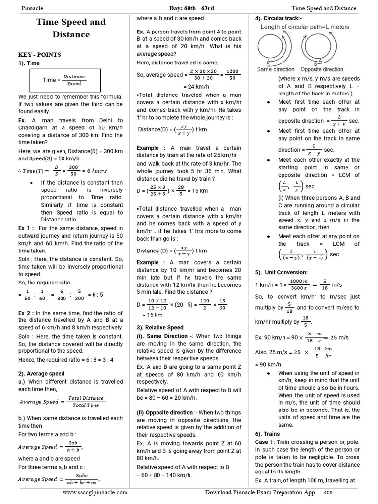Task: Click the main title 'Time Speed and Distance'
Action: point(70,28)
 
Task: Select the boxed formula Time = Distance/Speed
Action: point(65,80)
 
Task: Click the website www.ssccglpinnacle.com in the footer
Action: point(95,492)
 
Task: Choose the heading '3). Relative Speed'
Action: point(160,327)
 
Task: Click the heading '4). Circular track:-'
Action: point(279,19)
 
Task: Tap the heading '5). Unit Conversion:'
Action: point(281,272)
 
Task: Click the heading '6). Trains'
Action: point(267,434)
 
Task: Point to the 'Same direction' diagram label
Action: point(276,70)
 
